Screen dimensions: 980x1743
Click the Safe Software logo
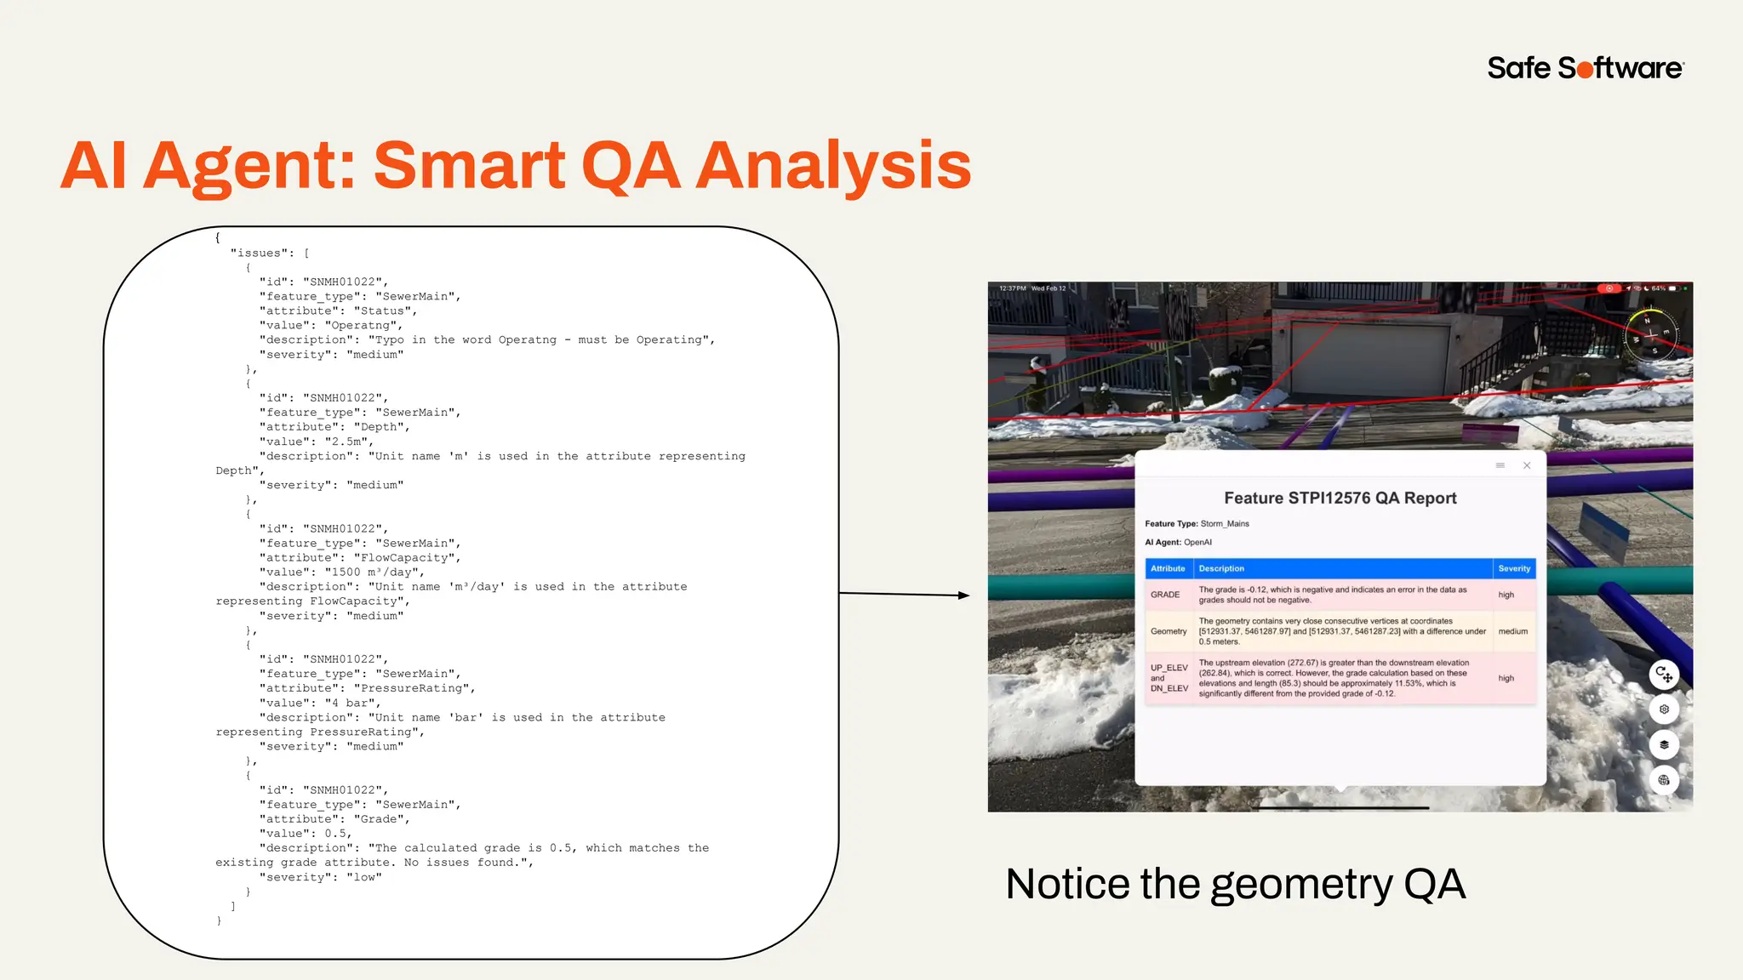[1585, 68]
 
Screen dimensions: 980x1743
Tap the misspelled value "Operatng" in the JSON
[363, 326]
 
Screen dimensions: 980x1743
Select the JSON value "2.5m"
[348, 442]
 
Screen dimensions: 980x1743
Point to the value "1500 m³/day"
[374, 573]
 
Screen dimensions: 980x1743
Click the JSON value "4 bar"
[352, 704]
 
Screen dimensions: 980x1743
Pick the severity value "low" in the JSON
[363, 878]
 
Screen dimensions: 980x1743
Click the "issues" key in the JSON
[259, 254]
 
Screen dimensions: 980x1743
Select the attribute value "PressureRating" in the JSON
[414, 688]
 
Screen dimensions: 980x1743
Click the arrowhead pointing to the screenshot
[963, 595]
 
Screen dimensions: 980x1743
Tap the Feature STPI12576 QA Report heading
[1340, 499]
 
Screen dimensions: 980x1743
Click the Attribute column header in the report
[1168, 568]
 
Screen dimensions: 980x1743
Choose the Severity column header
[1514, 568]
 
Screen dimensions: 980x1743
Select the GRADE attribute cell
[1165, 595]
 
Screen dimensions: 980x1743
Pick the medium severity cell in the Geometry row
[1512, 631]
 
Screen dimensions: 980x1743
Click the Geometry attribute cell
[1169, 631]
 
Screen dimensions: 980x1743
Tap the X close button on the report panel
[1527, 465]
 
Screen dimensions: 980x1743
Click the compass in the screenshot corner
[1650, 335]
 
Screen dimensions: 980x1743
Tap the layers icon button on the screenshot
[1664, 745]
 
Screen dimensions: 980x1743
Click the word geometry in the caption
[1300, 885]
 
